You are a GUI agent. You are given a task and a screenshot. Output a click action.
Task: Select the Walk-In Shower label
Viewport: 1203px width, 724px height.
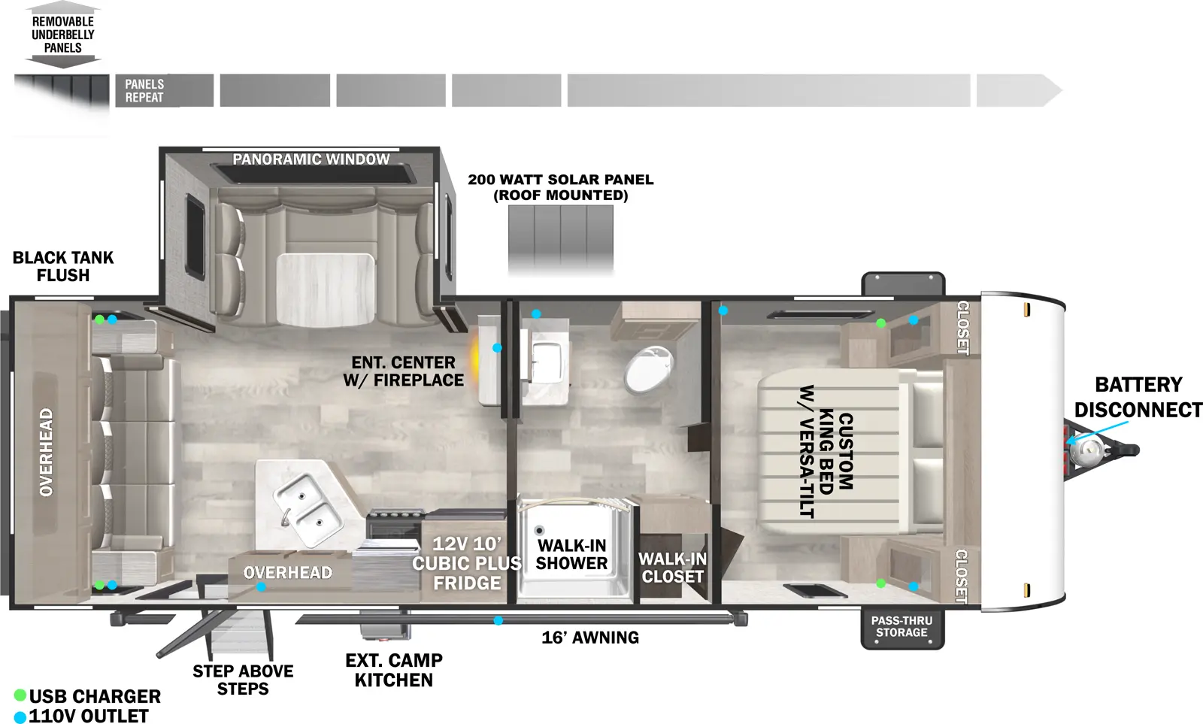tap(572, 554)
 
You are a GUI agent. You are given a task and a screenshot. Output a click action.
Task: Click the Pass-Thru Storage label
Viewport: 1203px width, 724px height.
tap(901, 626)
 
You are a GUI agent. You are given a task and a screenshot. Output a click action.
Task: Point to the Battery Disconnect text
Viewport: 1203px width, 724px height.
tap(1138, 397)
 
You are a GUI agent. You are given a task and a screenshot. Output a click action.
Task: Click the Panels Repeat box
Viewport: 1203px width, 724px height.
tap(165, 90)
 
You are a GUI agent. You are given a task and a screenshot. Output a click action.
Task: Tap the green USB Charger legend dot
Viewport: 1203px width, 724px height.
tap(20, 695)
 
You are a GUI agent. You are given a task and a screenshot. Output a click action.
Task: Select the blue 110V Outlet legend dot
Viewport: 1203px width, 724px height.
tap(20, 716)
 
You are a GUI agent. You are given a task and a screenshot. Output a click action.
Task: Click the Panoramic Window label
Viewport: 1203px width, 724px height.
tap(311, 159)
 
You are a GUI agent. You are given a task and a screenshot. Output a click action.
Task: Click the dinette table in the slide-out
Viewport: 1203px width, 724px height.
tap(326, 289)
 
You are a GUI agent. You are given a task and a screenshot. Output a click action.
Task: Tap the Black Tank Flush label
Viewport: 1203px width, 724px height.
tap(63, 266)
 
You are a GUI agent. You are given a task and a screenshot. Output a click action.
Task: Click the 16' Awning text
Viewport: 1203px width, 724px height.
tap(590, 638)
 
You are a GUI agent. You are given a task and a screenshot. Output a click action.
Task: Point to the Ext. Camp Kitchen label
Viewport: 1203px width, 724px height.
tap(394, 670)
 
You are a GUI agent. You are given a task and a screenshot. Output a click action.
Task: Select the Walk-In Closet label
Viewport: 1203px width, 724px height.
tap(672, 568)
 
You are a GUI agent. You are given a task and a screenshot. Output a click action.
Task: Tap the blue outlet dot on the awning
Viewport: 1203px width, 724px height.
tap(498, 621)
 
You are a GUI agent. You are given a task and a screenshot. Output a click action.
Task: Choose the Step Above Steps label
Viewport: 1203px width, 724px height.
tap(243, 680)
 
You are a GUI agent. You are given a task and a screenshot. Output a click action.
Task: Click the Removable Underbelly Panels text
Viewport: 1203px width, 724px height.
tap(63, 35)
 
